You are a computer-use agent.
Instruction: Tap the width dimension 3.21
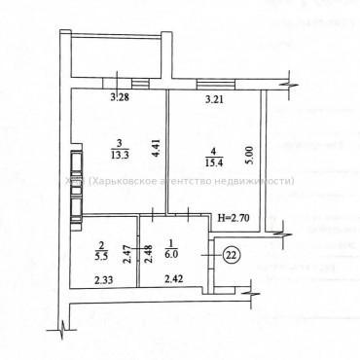[213, 97]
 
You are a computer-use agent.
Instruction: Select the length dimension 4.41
[157, 149]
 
